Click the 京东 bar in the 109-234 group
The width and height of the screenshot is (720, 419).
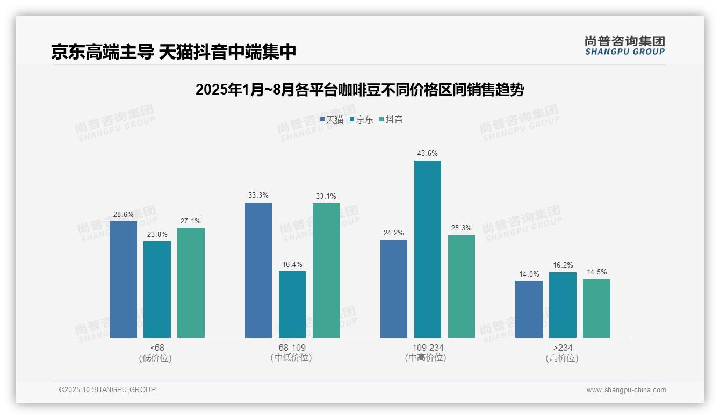427,249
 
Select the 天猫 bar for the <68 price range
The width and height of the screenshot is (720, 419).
123,279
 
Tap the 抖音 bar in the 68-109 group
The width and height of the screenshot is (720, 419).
326,270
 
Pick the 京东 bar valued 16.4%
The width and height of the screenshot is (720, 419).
292,305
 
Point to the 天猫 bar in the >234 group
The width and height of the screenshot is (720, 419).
529,309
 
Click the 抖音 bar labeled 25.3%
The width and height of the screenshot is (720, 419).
462,286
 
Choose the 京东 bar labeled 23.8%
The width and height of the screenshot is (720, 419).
157,290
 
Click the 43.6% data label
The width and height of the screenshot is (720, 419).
427,154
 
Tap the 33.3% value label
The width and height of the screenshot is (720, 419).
258,196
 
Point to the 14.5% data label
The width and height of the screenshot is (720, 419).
596,272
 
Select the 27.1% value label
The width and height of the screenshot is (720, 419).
191,221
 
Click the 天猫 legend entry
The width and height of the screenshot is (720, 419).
332,120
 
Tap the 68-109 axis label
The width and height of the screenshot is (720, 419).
292,348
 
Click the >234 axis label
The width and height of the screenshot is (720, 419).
562,348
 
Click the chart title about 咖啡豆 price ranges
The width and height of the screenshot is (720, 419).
359,90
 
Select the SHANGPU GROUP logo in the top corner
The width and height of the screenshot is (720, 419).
624,45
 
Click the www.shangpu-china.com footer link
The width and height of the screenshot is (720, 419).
626,390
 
